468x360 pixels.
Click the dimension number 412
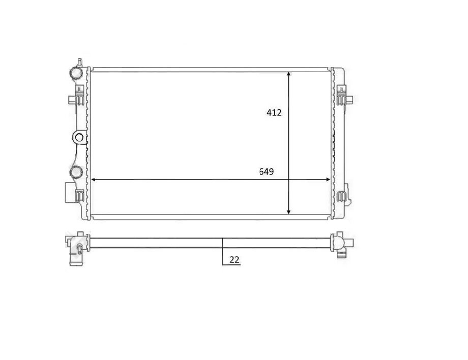tap(274, 113)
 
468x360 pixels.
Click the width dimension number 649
tap(267, 172)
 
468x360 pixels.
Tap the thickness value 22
tap(234, 259)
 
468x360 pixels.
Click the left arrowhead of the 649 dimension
tap(94, 179)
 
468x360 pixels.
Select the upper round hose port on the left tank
tap(76, 73)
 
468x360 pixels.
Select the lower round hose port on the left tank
tap(76, 171)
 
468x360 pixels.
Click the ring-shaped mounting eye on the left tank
tap(78, 137)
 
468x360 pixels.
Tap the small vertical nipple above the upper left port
tap(79, 63)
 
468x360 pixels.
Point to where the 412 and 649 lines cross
tap(289, 179)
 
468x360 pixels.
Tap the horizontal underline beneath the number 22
tap(231, 265)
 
